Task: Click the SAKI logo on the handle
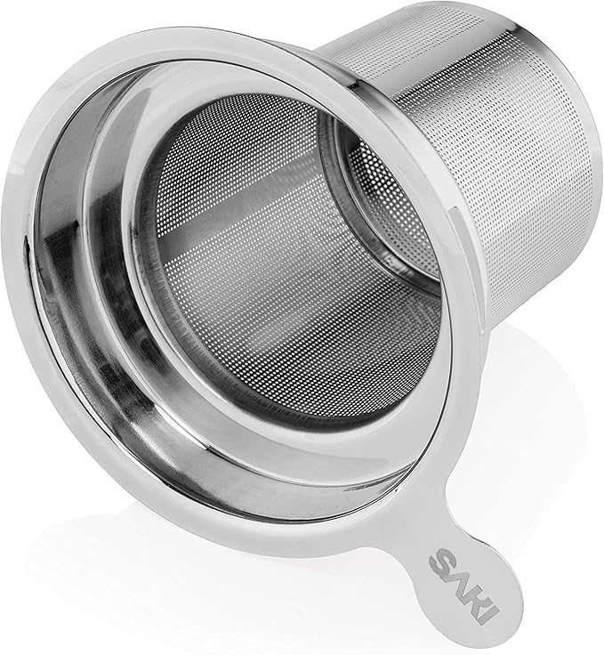[x=463, y=586]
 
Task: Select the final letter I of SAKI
[x=487, y=615]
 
